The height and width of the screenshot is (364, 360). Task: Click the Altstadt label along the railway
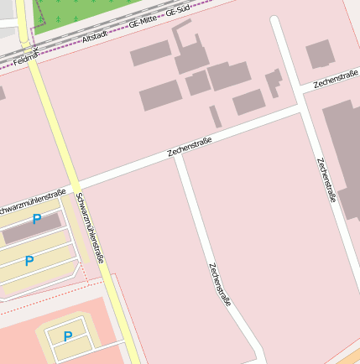point(96,37)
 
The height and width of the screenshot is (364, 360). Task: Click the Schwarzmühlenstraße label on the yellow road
point(89,227)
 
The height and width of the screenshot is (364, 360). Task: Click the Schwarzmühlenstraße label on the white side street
point(32,200)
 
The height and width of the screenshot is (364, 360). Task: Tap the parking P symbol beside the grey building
point(36,219)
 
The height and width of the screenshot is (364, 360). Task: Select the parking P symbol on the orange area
point(68,336)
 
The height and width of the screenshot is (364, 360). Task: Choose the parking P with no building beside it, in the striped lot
point(29,261)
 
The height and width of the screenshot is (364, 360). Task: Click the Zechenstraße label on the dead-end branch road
point(220,284)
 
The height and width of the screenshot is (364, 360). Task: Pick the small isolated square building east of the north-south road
point(320,55)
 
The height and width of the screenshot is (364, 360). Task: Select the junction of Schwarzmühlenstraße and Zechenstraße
point(76,185)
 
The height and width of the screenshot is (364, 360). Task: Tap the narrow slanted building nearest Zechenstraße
point(216,116)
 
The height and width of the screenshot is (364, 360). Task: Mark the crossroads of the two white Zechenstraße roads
point(302,107)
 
